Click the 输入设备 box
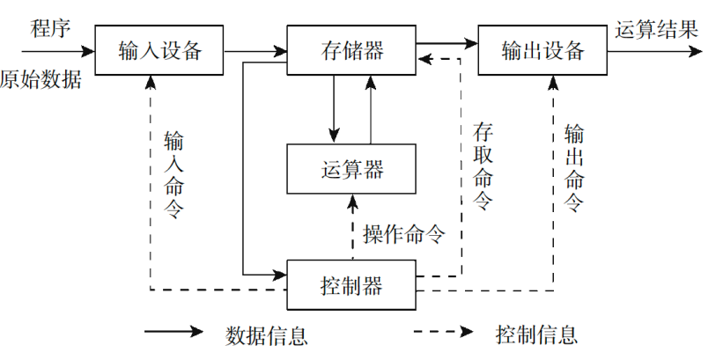(x=159, y=49)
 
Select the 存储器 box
(x=350, y=49)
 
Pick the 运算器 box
(x=350, y=168)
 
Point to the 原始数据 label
(x=41, y=80)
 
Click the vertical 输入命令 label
(x=173, y=173)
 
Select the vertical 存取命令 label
(x=482, y=166)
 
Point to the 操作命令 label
(x=403, y=234)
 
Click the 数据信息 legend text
(x=267, y=335)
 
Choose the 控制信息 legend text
(x=537, y=335)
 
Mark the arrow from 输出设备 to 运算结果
(x=653, y=51)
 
